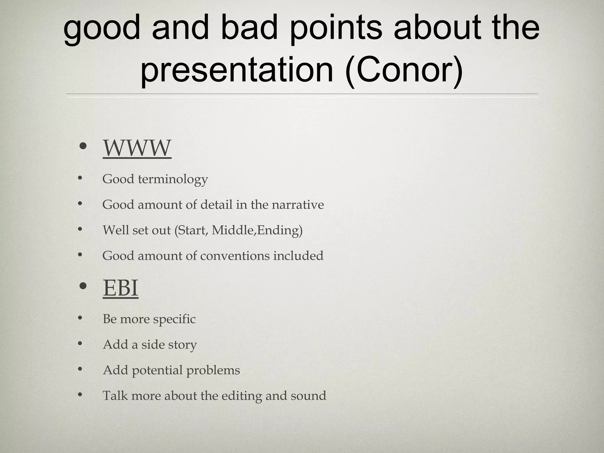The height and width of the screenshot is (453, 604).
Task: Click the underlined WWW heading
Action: point(137,148)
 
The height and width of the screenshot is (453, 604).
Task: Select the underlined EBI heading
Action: point(120,288)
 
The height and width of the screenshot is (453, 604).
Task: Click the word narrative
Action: point(298,205)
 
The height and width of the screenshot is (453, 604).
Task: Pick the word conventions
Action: point(235,256)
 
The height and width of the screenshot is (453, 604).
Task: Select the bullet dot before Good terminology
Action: point(80,178)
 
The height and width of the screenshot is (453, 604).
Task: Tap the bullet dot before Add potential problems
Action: point(80,369)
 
